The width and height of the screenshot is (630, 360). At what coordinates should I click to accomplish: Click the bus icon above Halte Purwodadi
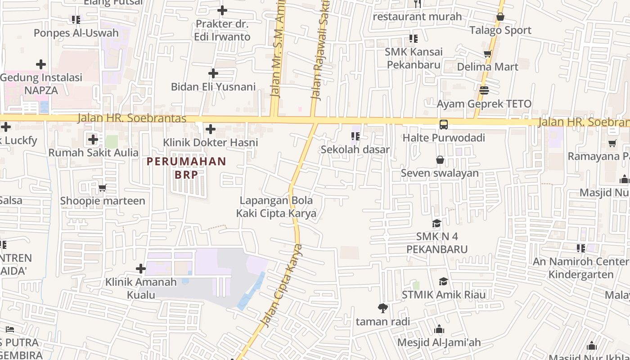click(x=444, y=124)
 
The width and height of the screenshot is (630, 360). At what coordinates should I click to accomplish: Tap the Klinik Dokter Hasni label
click(x=210, y=143)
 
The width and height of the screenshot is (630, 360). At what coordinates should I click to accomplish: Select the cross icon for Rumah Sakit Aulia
click(x=93, y=139)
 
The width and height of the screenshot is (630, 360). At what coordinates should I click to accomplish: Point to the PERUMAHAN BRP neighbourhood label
click(x=186, y=168)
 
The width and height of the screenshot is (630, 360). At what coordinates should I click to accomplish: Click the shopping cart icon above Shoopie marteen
click(x=103, y=188)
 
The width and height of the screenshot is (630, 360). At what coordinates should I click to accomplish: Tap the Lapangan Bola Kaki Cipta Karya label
click(x=276, y=207)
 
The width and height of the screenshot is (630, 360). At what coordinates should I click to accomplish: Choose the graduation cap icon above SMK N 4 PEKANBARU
click(x=436, y=224)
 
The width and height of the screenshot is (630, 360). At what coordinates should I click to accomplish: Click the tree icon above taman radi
click(x=383, y=308)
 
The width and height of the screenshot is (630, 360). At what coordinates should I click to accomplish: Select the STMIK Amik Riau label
click(x=443, y=295)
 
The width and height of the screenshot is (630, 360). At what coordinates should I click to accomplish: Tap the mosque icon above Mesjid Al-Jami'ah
click(x=439, y=329)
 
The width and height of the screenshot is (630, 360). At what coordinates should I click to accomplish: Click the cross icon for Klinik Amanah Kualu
click(x=141, y=269)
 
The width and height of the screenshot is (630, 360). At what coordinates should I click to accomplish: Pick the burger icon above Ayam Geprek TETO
click(x=484, y=90)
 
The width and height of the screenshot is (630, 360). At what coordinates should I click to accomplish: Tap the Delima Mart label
click(x=487, y=67)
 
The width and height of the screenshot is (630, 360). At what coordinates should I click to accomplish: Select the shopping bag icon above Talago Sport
click(x=500, y=17)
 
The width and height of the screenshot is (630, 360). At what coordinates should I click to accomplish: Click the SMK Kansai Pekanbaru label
click(x=414, y=58)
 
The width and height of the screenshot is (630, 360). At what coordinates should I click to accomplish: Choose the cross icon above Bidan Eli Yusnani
click(x=213, y=73)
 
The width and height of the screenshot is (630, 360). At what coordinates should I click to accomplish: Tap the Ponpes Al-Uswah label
click(x=76, y=33)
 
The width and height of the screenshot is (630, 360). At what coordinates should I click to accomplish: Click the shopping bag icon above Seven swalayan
click(x=440, y=160)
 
